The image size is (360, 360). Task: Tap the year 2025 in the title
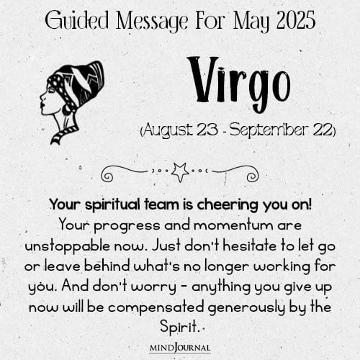pos(296,20)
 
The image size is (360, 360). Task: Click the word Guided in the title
pos(77,20)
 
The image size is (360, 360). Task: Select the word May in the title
pos(251,22)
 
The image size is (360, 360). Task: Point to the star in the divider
pos(180,172)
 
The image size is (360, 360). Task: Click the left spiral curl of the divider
pos(107,176)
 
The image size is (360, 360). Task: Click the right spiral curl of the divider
pos(253,176)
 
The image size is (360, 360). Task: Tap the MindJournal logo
pos(180,348)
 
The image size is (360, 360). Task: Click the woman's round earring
pos(66,109)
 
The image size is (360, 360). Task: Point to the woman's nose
pos(42,96)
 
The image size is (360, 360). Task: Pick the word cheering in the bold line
pos(228,205)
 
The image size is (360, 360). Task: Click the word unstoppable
pos(68,247)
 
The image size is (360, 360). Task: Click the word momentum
pos(234,225)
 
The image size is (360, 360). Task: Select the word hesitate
pos(250,246)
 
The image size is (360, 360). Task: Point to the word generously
pos(246,308)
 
